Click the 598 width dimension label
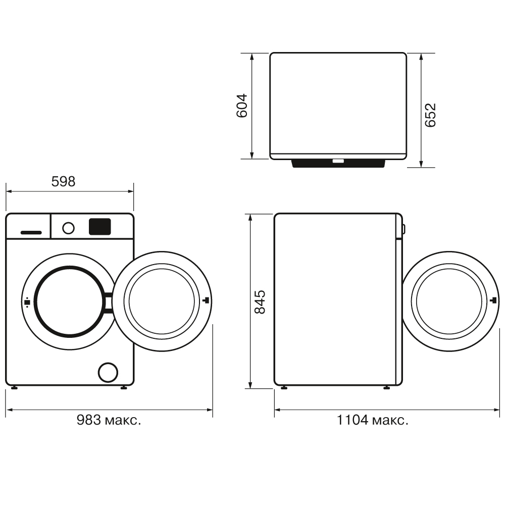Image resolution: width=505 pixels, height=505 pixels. [x=64, y=181]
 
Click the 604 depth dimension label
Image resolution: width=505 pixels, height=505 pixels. [x=243, y=106]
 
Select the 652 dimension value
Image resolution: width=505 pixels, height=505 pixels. [x=430, y=115]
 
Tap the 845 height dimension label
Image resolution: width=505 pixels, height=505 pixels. [x=260, y=301]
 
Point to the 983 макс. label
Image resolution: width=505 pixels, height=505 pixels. [x=109, y=420]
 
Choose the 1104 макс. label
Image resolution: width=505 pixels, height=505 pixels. [x=373, y=420]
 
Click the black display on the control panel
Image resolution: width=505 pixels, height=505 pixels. [x=99, y=226]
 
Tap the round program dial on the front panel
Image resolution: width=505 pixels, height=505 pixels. [x=68, y=228]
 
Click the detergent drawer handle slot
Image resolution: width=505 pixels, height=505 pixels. [x=31, y=232]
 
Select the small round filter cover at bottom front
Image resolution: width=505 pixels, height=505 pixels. [x=108, y=372]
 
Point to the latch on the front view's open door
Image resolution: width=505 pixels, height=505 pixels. [x=206, y=301]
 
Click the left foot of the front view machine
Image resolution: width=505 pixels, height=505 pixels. [x=14, y=388]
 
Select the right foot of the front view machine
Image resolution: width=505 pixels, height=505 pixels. [x=124, y=388]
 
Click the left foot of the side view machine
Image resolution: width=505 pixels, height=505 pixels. [x=284, y=388]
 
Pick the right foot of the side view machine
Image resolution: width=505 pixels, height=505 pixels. [x=386, y=388]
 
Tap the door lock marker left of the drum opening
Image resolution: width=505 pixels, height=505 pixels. [x=27, y=302]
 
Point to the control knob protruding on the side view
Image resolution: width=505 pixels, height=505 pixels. [x=403, y=229]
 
